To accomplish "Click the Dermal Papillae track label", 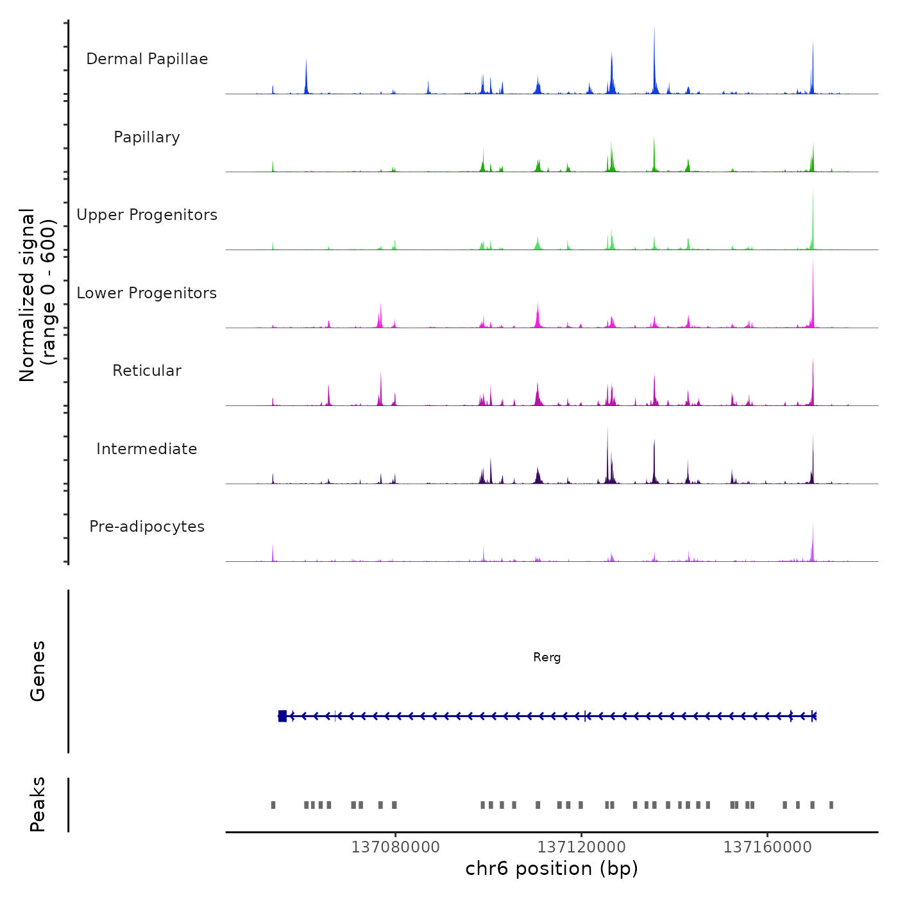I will pos(147,59).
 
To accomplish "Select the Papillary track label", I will pos(147,137).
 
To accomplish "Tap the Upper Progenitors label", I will pos(147,215).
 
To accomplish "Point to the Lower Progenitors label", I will pos(147,293).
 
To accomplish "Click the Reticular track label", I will pos(147,371).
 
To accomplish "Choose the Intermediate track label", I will pos(147,449).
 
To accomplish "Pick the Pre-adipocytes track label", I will pos(147,527).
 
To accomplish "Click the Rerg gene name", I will pos(546,657).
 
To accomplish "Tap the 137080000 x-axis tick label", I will pos(395,847).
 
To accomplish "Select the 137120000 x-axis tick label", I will pos(581,847).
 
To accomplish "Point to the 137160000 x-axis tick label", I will pos(767,847).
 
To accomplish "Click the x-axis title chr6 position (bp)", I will pos(552,869).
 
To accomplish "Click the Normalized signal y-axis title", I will pos(37,295).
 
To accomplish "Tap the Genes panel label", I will pos(38,671).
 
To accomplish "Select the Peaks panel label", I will pos(38,804).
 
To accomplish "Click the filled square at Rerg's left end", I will pos(282,716).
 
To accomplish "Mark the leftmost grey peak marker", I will pos(273,805).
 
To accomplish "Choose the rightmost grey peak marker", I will pos(831,805).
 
